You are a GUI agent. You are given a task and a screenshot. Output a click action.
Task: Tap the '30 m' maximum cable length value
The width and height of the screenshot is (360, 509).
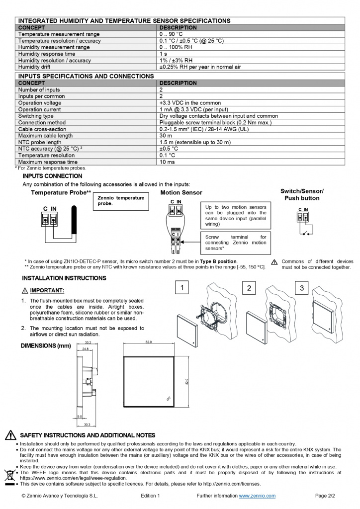(166, 136)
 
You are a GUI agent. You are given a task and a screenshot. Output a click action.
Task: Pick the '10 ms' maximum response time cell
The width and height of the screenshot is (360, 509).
(167, 162)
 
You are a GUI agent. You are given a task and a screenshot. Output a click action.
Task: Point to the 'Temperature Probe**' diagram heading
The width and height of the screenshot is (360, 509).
(61, 192)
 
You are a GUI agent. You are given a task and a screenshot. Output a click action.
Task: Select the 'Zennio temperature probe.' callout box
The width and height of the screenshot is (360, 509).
(120, 201)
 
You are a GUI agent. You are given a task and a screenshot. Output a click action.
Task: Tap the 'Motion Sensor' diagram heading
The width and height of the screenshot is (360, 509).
(181, 192)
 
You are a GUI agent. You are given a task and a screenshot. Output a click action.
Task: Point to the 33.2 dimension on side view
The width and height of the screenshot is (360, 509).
(88, 342)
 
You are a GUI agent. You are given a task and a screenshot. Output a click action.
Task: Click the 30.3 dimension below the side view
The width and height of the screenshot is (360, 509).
(87, 424)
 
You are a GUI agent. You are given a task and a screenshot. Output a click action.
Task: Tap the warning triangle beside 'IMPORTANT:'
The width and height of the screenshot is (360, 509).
(25, 291)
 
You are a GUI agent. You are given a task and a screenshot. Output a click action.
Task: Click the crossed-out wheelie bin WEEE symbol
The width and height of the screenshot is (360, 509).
(9, 475)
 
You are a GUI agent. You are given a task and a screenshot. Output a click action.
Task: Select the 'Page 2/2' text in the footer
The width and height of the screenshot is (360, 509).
(325, 496)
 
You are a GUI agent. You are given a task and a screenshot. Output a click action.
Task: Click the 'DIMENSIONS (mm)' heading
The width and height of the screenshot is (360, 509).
(46, 345)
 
